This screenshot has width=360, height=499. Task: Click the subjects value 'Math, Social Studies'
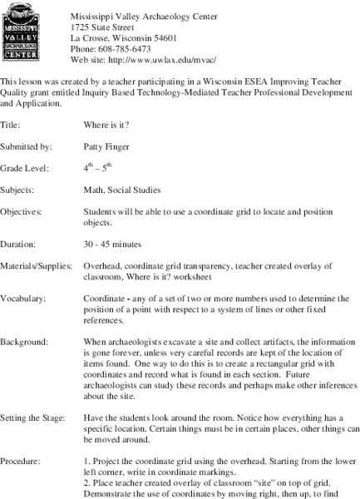click(122, 190)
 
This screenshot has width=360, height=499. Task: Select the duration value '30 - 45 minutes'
click(112, 245)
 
